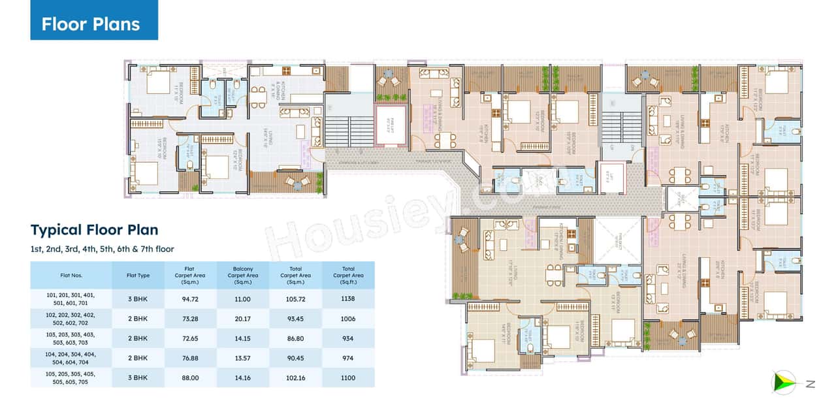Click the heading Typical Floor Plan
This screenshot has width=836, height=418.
94,230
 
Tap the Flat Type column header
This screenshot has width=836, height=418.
138,276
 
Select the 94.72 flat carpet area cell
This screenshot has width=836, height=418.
191,298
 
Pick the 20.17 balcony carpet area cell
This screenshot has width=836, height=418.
243,319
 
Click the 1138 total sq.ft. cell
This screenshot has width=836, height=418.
348,298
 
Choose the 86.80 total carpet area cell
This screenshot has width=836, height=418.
295,338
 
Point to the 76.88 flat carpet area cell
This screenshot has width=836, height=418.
191,358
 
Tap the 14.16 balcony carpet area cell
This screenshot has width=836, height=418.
243,378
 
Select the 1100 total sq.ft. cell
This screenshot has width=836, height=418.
348,378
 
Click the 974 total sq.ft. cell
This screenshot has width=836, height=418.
348,358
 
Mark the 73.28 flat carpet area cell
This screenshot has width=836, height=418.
191,319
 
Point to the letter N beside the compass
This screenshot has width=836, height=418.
811,385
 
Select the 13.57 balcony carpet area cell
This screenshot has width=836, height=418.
243,358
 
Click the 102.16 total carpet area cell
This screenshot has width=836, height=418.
295,378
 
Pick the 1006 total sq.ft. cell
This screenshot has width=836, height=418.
348,319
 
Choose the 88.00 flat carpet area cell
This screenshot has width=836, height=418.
191,378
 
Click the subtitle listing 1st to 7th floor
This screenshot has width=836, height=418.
102,249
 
